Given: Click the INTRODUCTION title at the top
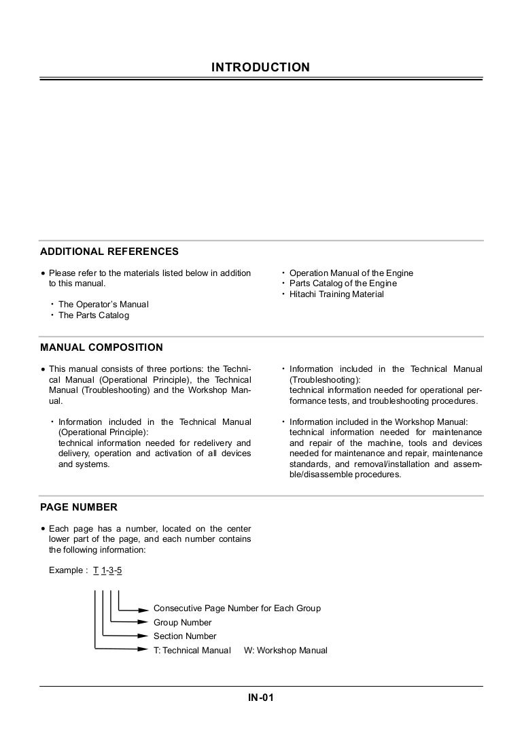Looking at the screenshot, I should tap(260, 67).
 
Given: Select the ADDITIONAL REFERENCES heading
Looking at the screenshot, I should tap(109, 252).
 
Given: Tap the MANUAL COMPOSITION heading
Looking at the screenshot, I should tap(101, 347).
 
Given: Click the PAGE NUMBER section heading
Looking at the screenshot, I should tap(79, 507).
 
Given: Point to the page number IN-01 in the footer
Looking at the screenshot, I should tap(260, 698).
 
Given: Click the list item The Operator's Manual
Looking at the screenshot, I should tap(103, 305).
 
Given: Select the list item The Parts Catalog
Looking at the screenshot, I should tap(94, 315).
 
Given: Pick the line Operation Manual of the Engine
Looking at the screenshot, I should tap(351, 273).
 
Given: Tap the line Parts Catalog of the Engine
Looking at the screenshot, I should tap(343, 283).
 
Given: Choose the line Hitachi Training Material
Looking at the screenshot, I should tap(336, 294).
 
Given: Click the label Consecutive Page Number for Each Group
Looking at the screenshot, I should tap(237, 608).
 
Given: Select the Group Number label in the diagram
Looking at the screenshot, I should tap(182, 623).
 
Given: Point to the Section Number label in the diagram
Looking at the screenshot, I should tap(185, 636).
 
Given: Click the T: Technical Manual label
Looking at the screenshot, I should tap(192, 651).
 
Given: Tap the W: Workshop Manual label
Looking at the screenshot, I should tap(285, 651).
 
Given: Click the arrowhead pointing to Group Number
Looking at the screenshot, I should tap(142, 622).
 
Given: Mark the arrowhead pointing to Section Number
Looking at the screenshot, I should tap(142, 636).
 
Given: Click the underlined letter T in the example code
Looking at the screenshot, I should tap(96, 570).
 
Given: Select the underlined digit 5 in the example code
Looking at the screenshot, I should tap(120, 570).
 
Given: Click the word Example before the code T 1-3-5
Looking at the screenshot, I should tap(66, 570).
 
